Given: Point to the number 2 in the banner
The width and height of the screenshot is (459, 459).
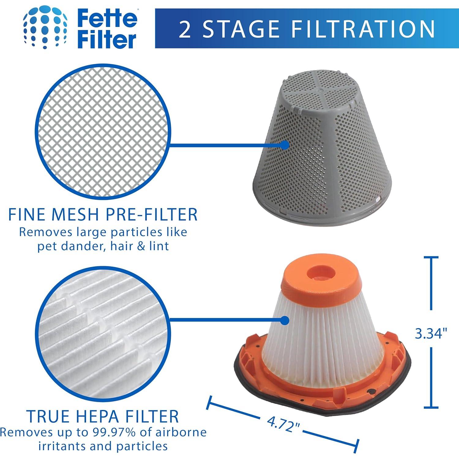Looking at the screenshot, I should [185, 29].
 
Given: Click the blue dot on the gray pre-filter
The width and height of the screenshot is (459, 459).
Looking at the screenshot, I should [285, 145].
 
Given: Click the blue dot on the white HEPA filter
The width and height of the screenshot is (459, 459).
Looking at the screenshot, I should [285, 320].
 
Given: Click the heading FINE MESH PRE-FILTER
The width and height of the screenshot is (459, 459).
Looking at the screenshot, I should [103, 215].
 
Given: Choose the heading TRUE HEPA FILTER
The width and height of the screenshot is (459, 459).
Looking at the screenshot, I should [103, 416].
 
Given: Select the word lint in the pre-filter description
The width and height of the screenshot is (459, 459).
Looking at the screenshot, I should [159, 246].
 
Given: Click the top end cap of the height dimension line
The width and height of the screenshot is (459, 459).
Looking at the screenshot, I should [431, 258].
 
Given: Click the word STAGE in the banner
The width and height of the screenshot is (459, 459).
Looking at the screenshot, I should [242, 29].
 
